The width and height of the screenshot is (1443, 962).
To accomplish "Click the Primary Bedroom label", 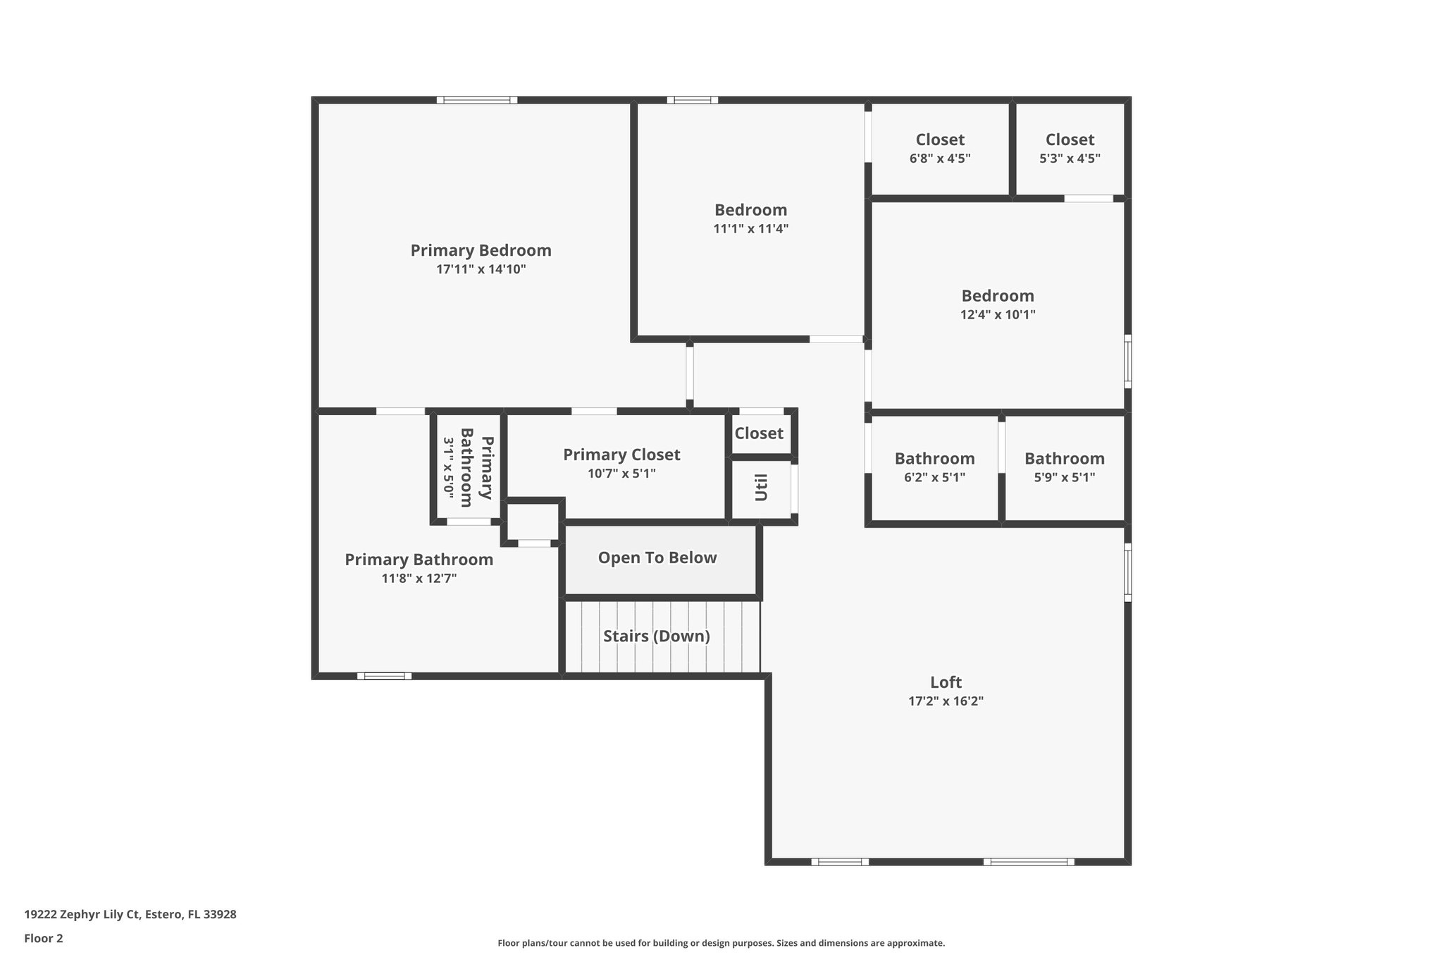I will (x=481, y=250).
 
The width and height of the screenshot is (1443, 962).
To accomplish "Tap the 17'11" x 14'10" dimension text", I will (x=481, y=269).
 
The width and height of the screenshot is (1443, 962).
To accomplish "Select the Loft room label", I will (x=946, y=682).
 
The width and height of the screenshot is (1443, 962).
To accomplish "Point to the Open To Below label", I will (x=657, y=557).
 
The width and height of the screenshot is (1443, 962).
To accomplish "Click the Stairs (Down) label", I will (x=656, y=636).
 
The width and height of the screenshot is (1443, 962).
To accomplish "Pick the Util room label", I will (x=761, y=487).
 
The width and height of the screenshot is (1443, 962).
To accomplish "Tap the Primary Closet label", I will (x=621, y=455).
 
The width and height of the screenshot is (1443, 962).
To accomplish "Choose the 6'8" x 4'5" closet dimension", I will (x=940, y=159).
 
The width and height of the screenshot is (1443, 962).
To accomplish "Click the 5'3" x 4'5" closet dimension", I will (x=1070, y=159).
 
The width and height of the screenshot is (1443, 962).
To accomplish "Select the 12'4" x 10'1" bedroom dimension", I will (x=998, y=315).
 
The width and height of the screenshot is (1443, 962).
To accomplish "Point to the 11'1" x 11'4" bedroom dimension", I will (x=750, y=229).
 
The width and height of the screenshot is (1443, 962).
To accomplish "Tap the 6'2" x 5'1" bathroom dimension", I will (x=934, y=478).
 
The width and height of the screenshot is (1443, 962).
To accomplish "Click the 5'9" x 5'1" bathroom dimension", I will (x=1064, y=478).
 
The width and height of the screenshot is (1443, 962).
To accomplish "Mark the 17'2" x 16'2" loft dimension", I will (x=946, y=701).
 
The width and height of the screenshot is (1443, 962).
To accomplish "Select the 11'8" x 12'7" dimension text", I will (x=419, y=579).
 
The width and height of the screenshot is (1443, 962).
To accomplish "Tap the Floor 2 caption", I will (x=44, y=939).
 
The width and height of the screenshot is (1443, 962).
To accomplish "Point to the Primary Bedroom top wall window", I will (x=477, y=100).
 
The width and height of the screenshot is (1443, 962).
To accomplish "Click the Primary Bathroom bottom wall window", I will (x=384, y=676).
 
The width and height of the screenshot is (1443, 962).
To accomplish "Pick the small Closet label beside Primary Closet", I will (x=759, y=433).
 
